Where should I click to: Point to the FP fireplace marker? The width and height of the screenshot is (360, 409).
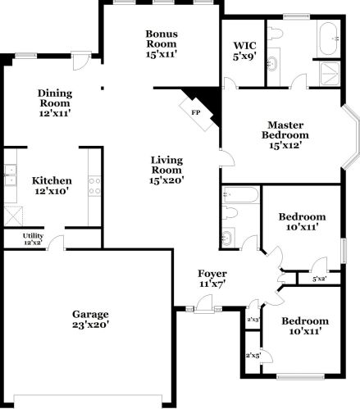click(195, 111)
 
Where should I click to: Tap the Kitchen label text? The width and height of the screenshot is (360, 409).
click(52, 180)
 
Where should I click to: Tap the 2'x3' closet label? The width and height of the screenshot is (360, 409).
click(253, 318)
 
